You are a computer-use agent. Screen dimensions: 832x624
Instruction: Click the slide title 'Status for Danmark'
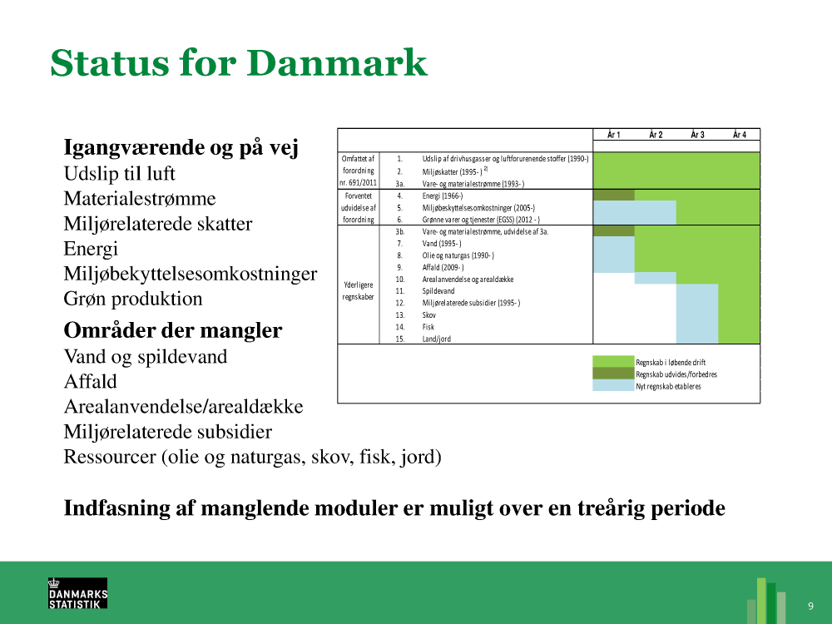[239, 63]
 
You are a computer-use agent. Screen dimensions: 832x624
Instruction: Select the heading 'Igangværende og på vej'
[181, 147]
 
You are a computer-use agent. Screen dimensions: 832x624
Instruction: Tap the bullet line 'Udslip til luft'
[119, 174]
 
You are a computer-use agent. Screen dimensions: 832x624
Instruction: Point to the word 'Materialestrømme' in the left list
[140, 199]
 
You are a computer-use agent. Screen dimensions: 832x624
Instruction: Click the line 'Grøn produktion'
[132, 299]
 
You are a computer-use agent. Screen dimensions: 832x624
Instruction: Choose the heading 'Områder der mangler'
[173, 330]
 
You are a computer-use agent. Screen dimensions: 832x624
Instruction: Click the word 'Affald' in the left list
[90, 382]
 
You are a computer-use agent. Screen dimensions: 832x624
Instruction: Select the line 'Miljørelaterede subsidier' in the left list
[168, 432]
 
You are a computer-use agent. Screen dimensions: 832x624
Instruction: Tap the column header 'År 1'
[614, 135]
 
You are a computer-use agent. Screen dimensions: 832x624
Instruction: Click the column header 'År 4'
[740, 135]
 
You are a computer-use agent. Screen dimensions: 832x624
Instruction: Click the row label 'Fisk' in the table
[428, 327]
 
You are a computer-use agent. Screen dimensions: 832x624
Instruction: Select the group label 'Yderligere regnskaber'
[358, 290]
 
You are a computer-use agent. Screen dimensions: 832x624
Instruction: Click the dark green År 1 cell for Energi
[614, 196]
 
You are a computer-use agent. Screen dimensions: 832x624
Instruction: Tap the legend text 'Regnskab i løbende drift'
[671, 363]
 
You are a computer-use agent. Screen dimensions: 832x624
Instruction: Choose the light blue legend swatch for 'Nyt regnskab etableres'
[614, 386]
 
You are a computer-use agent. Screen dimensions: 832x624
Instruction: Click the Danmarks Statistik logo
[78, 592]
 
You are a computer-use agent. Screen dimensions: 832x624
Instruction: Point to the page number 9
[810, 606]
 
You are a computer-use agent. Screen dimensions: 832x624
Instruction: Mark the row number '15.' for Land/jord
[400, 339]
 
